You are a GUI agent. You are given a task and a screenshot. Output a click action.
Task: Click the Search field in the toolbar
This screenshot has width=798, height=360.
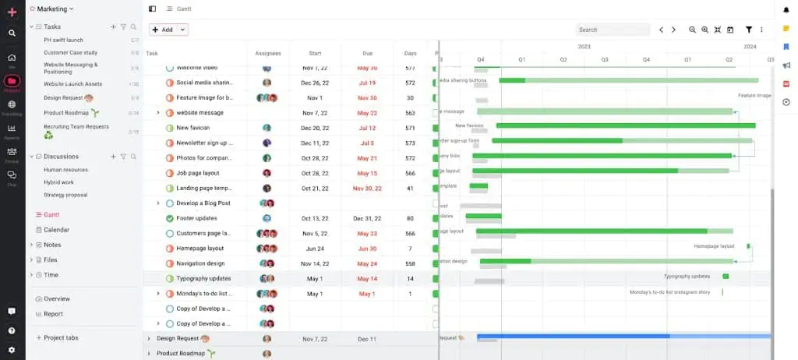pyautogui.click(x=613, y=30)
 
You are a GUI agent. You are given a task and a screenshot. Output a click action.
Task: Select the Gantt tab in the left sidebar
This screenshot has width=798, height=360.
pyautogui.click(x=51, y=214)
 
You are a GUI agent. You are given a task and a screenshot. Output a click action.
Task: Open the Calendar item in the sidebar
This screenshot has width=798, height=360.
pyautogui.click(x=55, y=230)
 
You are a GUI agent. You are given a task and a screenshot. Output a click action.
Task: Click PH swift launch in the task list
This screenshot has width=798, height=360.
pyautogui.click(x=63, y=40)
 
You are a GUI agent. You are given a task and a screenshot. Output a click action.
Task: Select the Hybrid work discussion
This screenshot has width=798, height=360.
pyautogui.click(x=58, y=182)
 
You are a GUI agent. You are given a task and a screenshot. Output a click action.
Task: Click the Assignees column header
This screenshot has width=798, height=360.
pyautogui.click(x=268, y=53)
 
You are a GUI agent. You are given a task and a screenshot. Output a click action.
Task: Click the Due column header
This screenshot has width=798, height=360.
pyautogui.click(x=367, y=53)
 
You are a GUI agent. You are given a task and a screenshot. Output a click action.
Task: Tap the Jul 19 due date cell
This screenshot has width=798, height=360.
pyautogui.click(x=367, y=83)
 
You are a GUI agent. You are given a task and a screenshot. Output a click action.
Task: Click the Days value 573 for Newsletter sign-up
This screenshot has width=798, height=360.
pyautogui.click(x=410, y=143)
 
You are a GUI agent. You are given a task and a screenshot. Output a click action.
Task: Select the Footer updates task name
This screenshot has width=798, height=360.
pyautogui.click(x=196, y=218)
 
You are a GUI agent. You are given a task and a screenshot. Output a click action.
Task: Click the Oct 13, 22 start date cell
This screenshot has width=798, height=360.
pyautogui.click(x=315, y=218)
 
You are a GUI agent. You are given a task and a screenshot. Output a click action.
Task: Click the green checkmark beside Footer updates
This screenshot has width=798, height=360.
pyautogui.click(x=170, y=218)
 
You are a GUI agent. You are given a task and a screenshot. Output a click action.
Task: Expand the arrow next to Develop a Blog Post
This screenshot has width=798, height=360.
pyautogui.click(x=158, y=203)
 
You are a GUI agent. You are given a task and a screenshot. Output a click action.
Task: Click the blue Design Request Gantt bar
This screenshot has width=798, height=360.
pyautogui.click(x=573, y=337)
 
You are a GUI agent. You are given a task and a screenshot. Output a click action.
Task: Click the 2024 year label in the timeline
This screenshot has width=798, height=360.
pyautogui.click(x=750, y=46)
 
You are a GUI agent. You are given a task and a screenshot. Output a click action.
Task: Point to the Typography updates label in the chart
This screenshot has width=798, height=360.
pyautogui.click(x=687, y=276)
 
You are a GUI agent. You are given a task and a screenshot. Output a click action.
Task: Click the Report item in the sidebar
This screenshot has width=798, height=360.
pyautogui.click(x=54, y=314)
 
